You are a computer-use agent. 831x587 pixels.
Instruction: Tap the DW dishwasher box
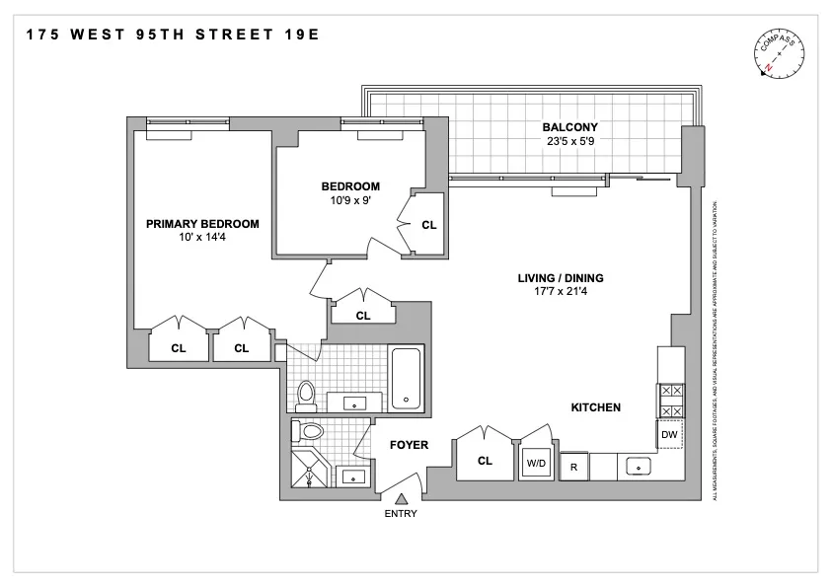[669, 434]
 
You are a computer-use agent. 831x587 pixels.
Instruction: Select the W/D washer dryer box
[536, 462]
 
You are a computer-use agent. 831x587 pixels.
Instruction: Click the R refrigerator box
[573, 467]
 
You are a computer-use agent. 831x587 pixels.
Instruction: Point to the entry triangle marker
[401, 497]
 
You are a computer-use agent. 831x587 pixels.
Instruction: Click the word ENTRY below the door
[401, 513]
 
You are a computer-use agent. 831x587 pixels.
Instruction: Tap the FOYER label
[409, 445]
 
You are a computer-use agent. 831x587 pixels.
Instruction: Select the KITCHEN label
[595, 406]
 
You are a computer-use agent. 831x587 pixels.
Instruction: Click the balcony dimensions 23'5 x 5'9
[569, 141]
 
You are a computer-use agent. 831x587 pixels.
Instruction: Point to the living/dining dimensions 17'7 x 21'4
[561, 292]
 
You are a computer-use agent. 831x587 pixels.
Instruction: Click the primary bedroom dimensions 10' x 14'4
[202, 238]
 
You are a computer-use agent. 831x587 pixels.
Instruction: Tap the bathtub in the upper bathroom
[407, 377]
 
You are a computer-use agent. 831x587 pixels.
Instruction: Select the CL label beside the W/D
[485, 461]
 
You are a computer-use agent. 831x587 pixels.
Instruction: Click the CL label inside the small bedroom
[428, 225]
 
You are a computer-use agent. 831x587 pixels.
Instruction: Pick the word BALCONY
[569, 127]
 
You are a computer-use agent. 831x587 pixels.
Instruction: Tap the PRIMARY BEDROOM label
[202, 224]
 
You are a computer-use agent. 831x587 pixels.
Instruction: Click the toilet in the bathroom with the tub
[306, 394]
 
